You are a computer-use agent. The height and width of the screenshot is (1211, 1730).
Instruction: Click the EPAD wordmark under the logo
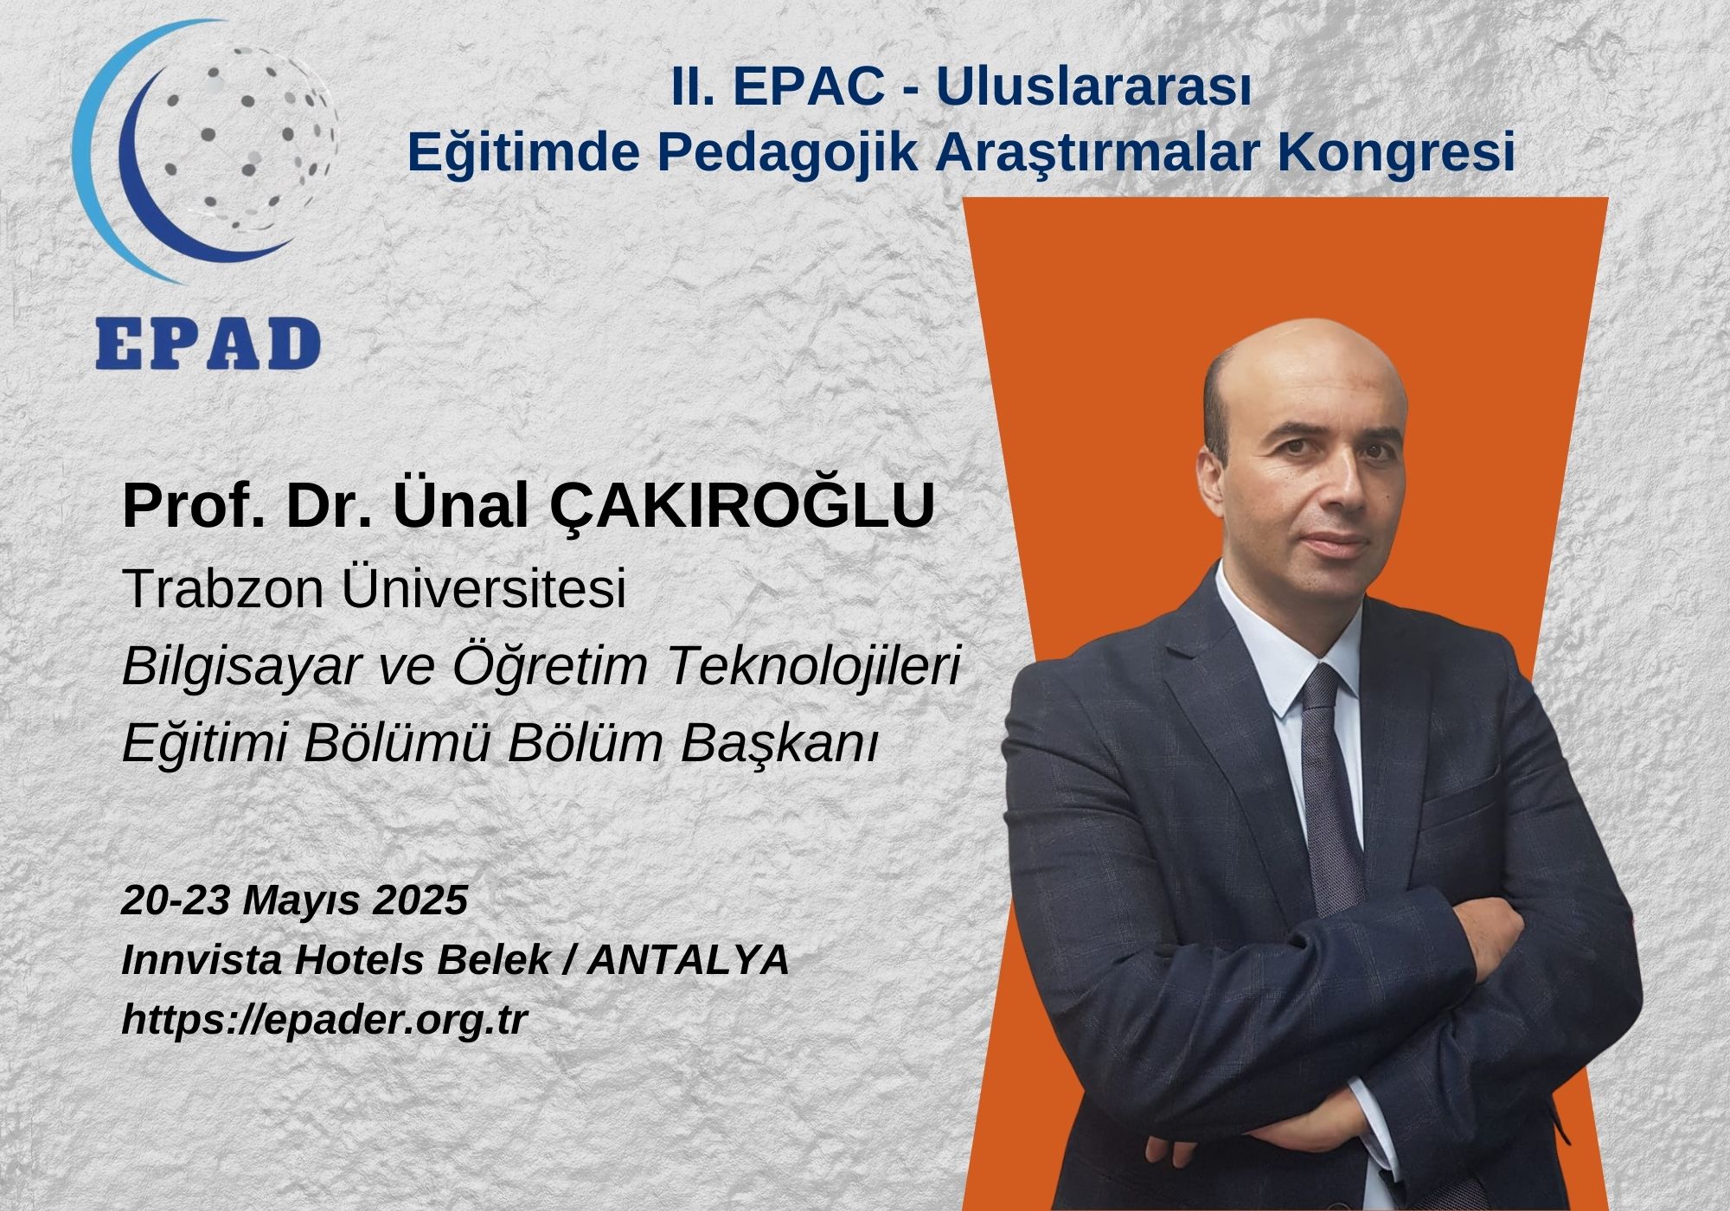click(x=208, y=344)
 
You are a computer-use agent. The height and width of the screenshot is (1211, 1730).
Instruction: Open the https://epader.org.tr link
click(x=324, y=1021)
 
